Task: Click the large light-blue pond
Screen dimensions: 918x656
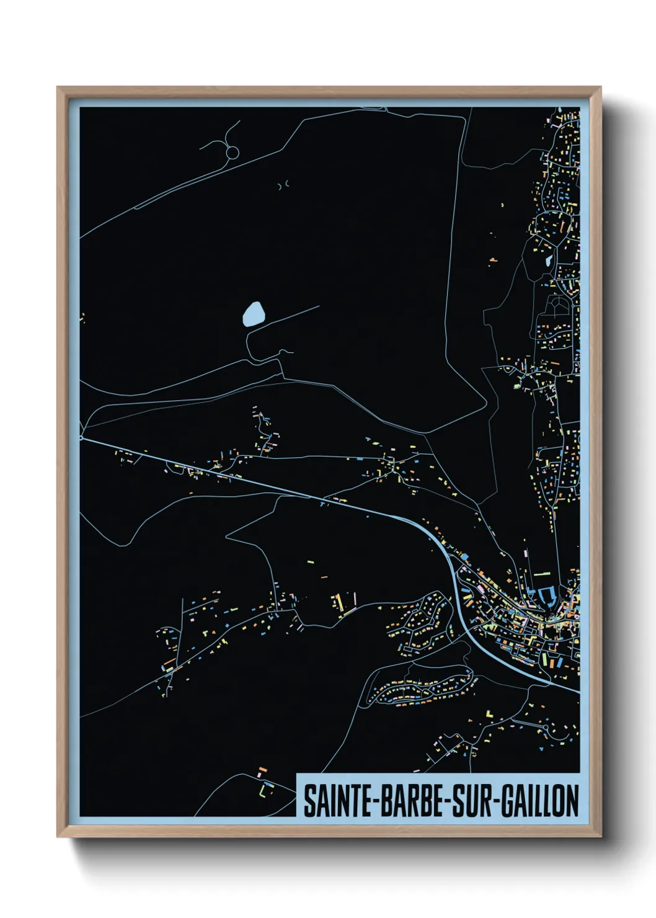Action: (253, 314)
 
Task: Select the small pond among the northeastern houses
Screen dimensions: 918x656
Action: (548, 260)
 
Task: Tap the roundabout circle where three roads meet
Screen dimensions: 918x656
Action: (233, 152)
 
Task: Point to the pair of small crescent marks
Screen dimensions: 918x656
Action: (283, 185)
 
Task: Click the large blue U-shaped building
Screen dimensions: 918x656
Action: (546, 597)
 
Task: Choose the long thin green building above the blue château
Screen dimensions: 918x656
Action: (542, 574)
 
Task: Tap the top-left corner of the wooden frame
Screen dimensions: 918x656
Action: (58, 88)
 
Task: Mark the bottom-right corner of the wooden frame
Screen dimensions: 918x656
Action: (600, 837)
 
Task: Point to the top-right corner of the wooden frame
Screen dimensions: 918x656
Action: (600, 88)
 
